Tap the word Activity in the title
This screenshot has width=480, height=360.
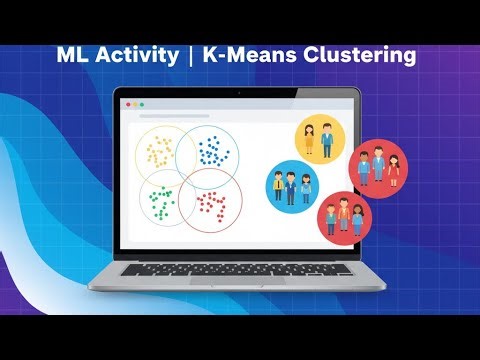tap(136, 56)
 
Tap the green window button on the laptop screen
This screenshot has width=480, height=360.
tap(141, 104)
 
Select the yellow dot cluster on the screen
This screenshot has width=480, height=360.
tap(162, 152)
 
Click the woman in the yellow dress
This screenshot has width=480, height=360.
tap(310, 139)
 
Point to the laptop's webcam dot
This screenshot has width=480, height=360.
tap(240, 92)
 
